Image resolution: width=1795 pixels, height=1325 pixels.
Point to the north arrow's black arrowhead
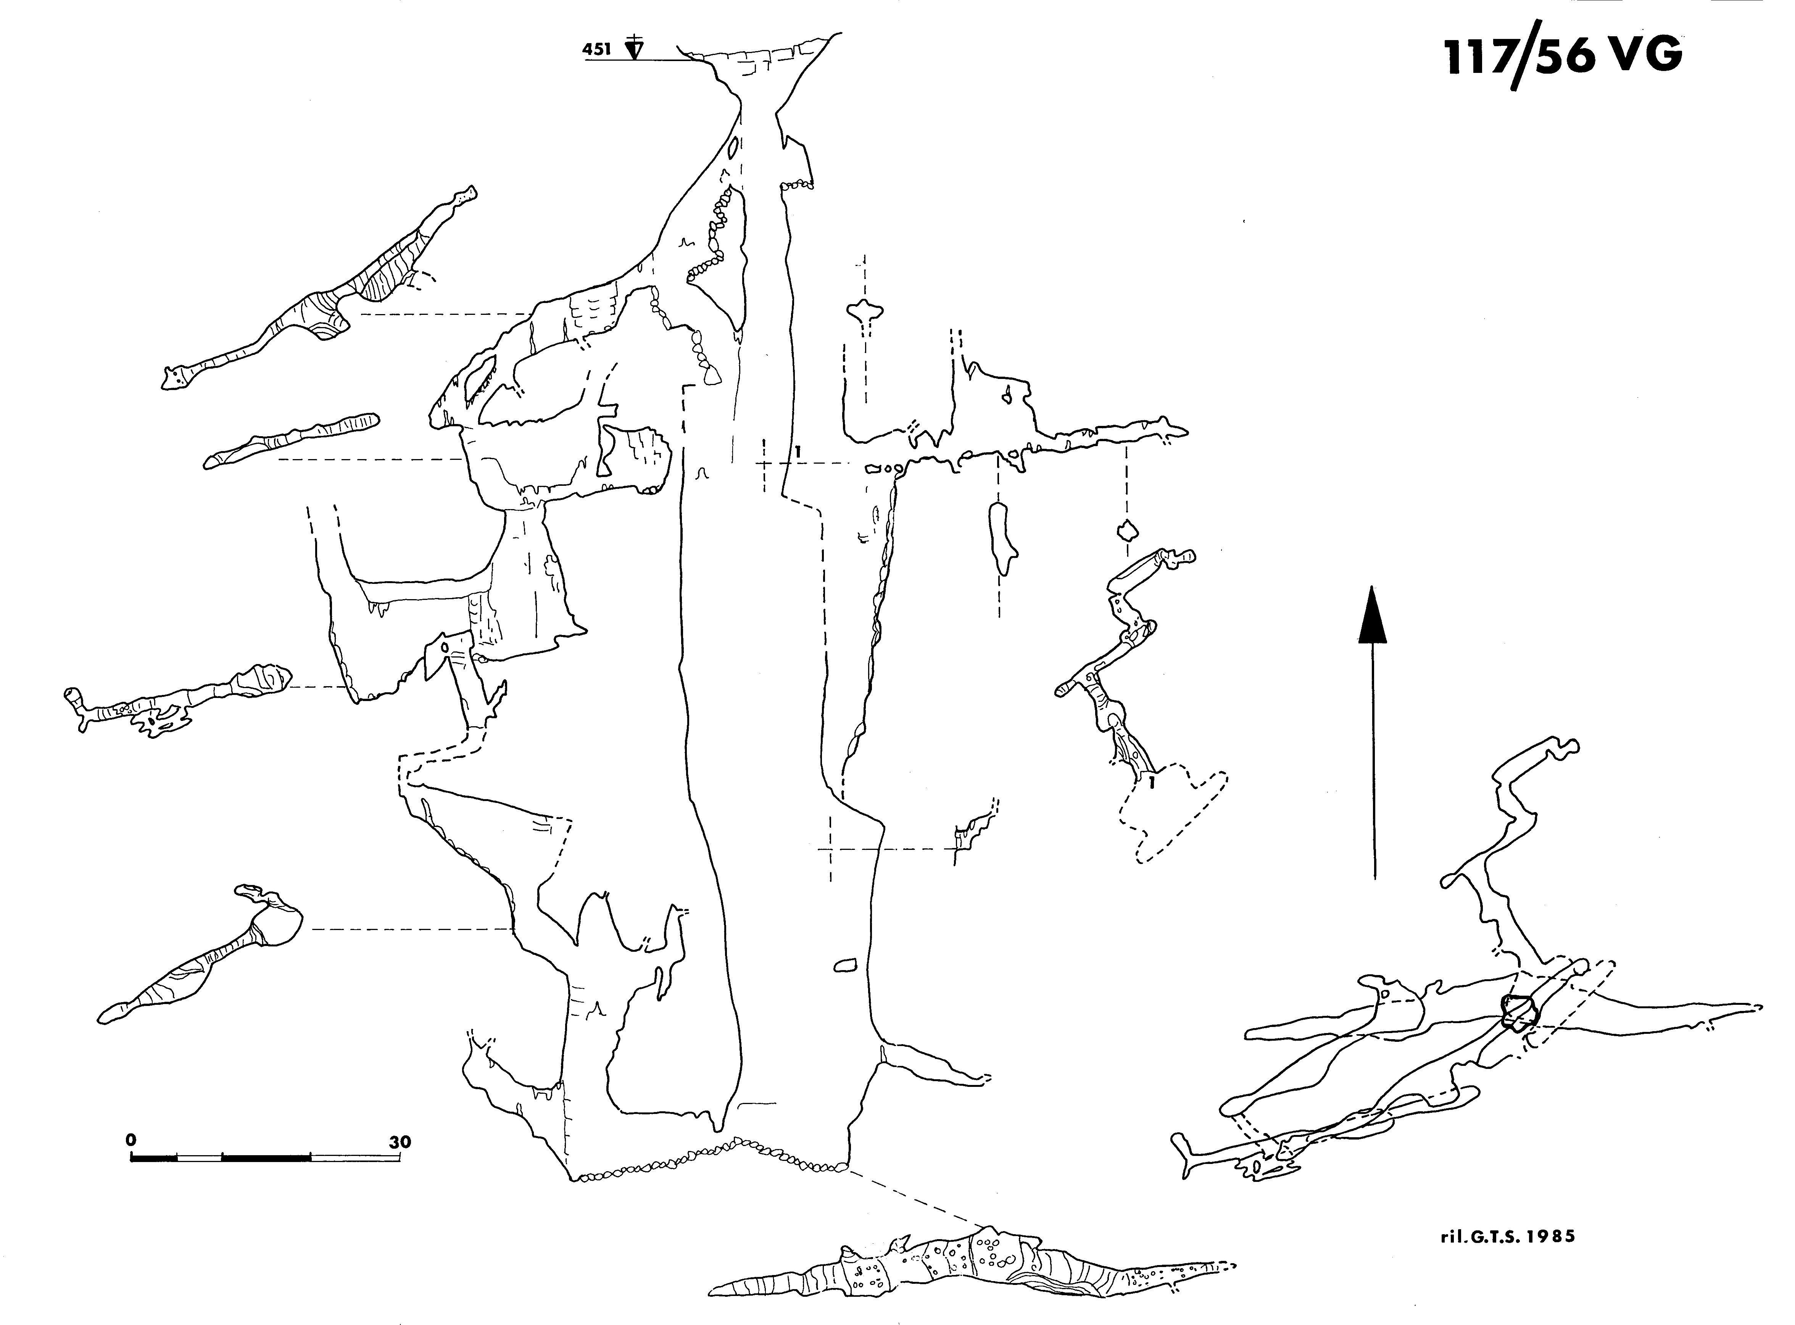pyautogui.click(x=1372, y=614)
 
